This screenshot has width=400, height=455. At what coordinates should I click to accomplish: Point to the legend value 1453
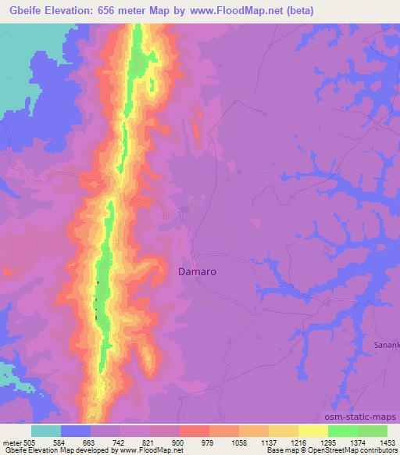[387, 442]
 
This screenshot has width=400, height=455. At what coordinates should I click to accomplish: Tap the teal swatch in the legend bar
[46, 432]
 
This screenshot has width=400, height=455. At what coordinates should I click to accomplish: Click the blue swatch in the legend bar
[76, 432]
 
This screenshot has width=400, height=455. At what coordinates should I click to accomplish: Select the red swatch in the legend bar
[195, 432]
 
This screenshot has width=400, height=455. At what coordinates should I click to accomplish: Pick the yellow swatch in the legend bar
[313, 432]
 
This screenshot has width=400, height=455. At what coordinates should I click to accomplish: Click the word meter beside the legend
[11, 442]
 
